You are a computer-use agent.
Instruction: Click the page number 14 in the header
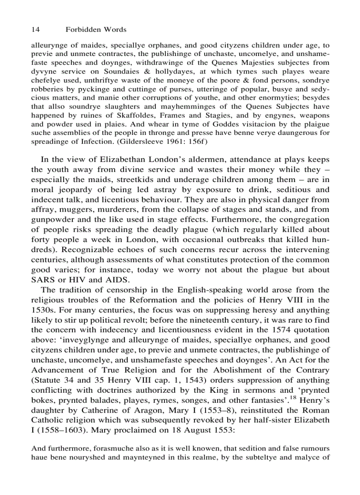click(35, 30)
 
